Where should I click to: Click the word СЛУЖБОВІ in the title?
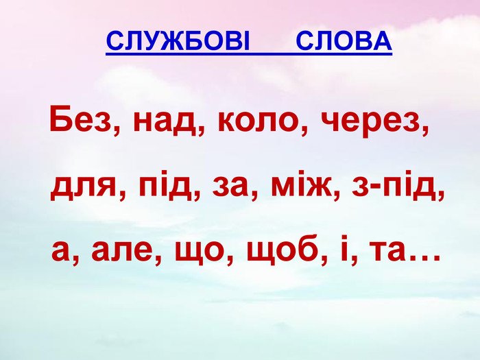[178, 41]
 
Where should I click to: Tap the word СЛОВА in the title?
[344, 41]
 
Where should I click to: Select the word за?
[230, 187]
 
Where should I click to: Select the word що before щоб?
[200, 254]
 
